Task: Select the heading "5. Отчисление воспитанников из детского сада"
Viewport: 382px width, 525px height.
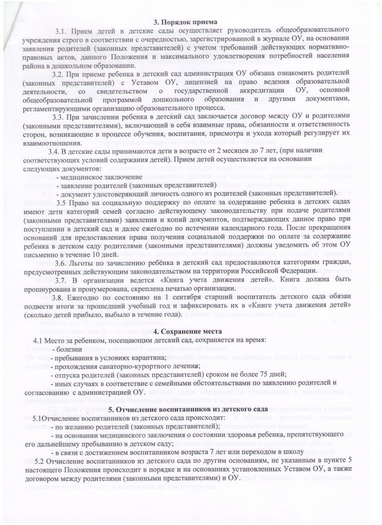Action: (x=190, y=410)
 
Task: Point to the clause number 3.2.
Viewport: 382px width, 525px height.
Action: (x=69, y=75)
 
